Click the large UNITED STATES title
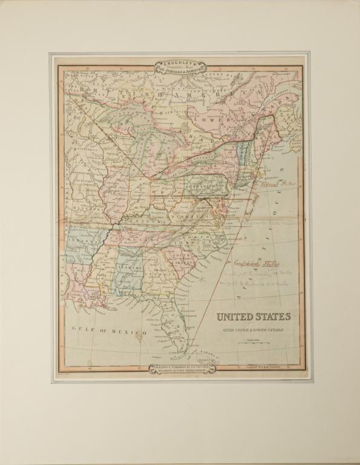[x=253, y=317]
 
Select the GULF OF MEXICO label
[x=109, y=332]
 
